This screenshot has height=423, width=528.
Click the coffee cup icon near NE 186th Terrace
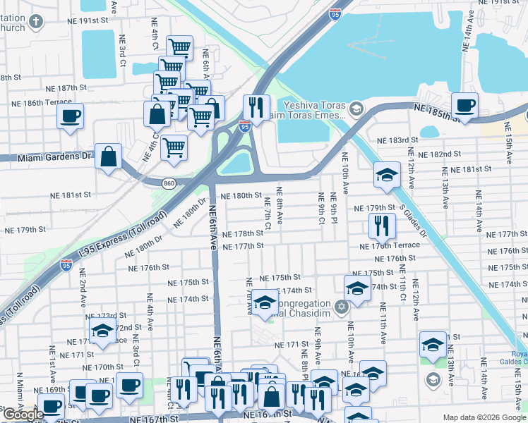[71, 116]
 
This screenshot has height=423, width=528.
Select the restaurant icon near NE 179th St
[382, 226]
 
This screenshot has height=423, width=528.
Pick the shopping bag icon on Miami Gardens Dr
[108, 157]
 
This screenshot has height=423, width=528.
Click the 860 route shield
[169, 183]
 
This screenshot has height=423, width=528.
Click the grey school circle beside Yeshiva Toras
[356, 109]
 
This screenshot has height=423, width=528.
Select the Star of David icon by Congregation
[342, 307]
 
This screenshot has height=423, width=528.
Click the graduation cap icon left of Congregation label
[265, 303]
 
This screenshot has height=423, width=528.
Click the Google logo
[23, 415]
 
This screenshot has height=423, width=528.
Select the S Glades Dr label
[414, 218]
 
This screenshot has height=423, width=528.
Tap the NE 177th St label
[243, 246]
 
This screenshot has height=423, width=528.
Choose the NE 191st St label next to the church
[85, 20]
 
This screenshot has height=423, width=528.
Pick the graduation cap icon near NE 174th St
[358, 288]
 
